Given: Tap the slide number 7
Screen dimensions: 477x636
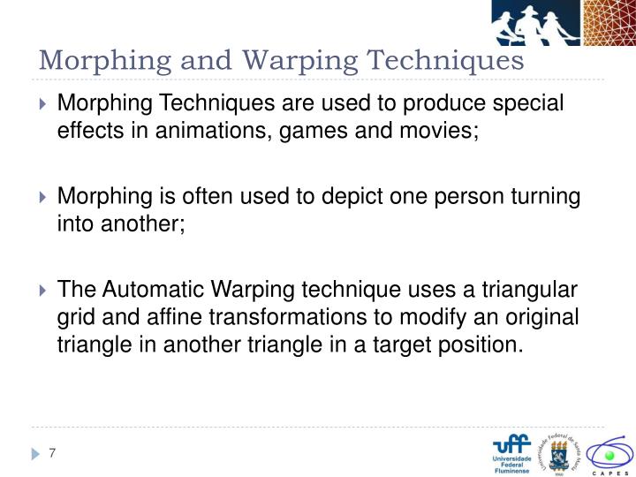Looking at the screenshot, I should (x=53, y=453).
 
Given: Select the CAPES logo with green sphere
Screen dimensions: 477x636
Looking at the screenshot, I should (x=609, y=454).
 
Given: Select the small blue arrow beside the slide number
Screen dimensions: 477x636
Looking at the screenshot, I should (x=36, y=454).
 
